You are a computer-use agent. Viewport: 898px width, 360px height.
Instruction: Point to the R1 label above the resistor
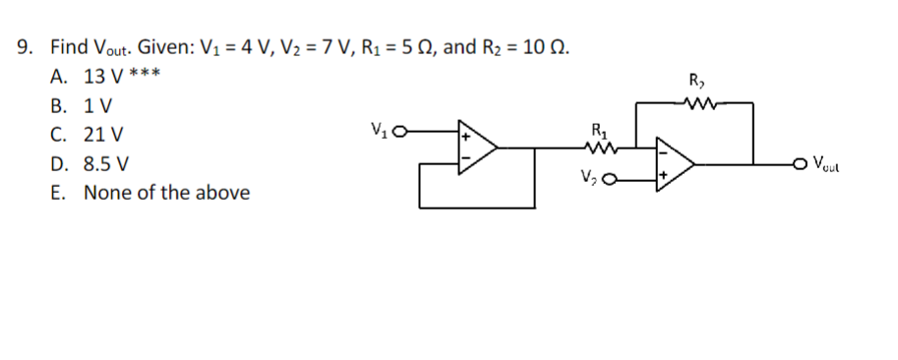point(597,128)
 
